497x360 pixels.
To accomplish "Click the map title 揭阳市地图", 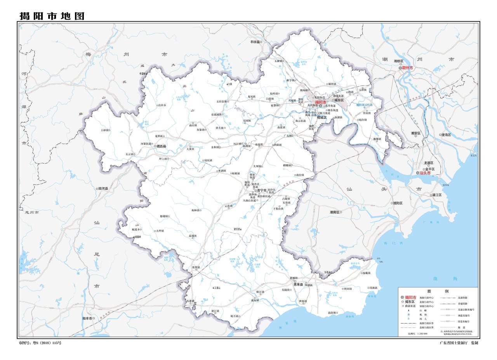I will coord(52,16).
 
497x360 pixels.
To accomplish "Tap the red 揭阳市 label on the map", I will coord(321,102).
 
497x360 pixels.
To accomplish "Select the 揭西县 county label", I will coord(161,146).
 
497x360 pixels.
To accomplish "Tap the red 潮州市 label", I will coord(407,68).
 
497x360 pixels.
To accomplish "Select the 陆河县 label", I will coord(103,188).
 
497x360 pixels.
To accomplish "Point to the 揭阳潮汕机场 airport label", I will coord(364,105).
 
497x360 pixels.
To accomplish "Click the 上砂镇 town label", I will coord(104,130).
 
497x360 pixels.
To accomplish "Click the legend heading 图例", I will coord(438,291).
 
